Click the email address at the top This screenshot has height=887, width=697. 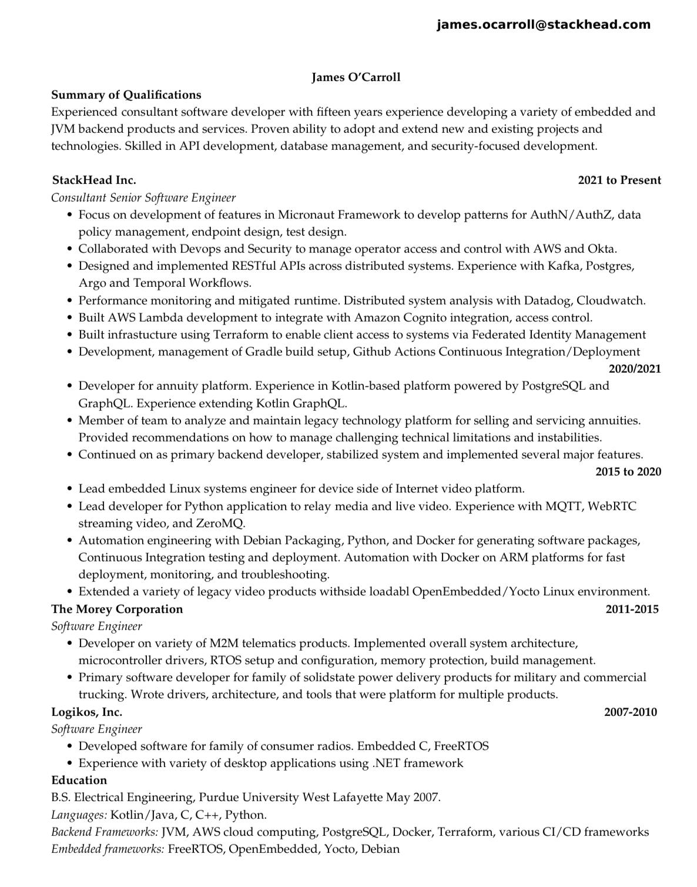(x=544, y=25)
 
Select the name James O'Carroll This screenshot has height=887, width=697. (x=356, y=78)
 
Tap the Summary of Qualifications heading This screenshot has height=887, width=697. (x=126, y=95)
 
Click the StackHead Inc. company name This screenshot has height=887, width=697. (x=94, y=180)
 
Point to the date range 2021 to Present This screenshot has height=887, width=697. (x=619, y=180)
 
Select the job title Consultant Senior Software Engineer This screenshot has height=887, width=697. (x=143, y=198)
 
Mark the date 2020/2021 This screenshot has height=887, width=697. (x=635, y=369)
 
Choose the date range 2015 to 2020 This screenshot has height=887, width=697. (x=628, y=472)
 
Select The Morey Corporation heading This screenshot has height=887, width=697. (x=117, y=609)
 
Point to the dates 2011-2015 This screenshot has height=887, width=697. (x=632, y=609)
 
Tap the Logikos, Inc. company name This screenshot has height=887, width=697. (x=87, y=712)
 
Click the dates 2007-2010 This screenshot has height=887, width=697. (x=631, y=712)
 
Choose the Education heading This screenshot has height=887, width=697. (x=79, y=781)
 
